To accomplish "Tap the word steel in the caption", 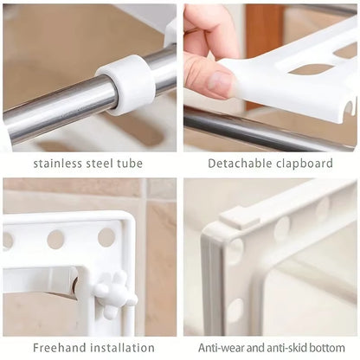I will coord(105,163).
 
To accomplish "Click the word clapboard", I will coord(304,163).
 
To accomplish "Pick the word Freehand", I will coord(58,348).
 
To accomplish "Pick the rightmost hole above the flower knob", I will coord(106,236).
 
